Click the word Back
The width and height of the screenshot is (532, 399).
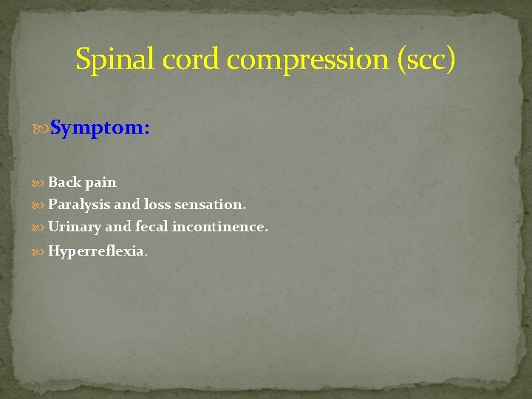[65, 182]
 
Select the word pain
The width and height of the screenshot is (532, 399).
[100, 183]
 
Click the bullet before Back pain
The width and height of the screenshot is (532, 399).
[39, 183]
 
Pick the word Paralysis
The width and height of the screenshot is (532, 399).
[79, 205]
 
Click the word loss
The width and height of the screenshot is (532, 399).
[157, 204]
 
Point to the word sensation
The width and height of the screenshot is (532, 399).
[210, 204]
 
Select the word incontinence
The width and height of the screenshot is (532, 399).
[219, 226]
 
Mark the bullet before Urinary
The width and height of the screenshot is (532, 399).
[39, 227]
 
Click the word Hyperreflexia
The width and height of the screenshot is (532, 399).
[97, 251]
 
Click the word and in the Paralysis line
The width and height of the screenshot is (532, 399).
[127, 204]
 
